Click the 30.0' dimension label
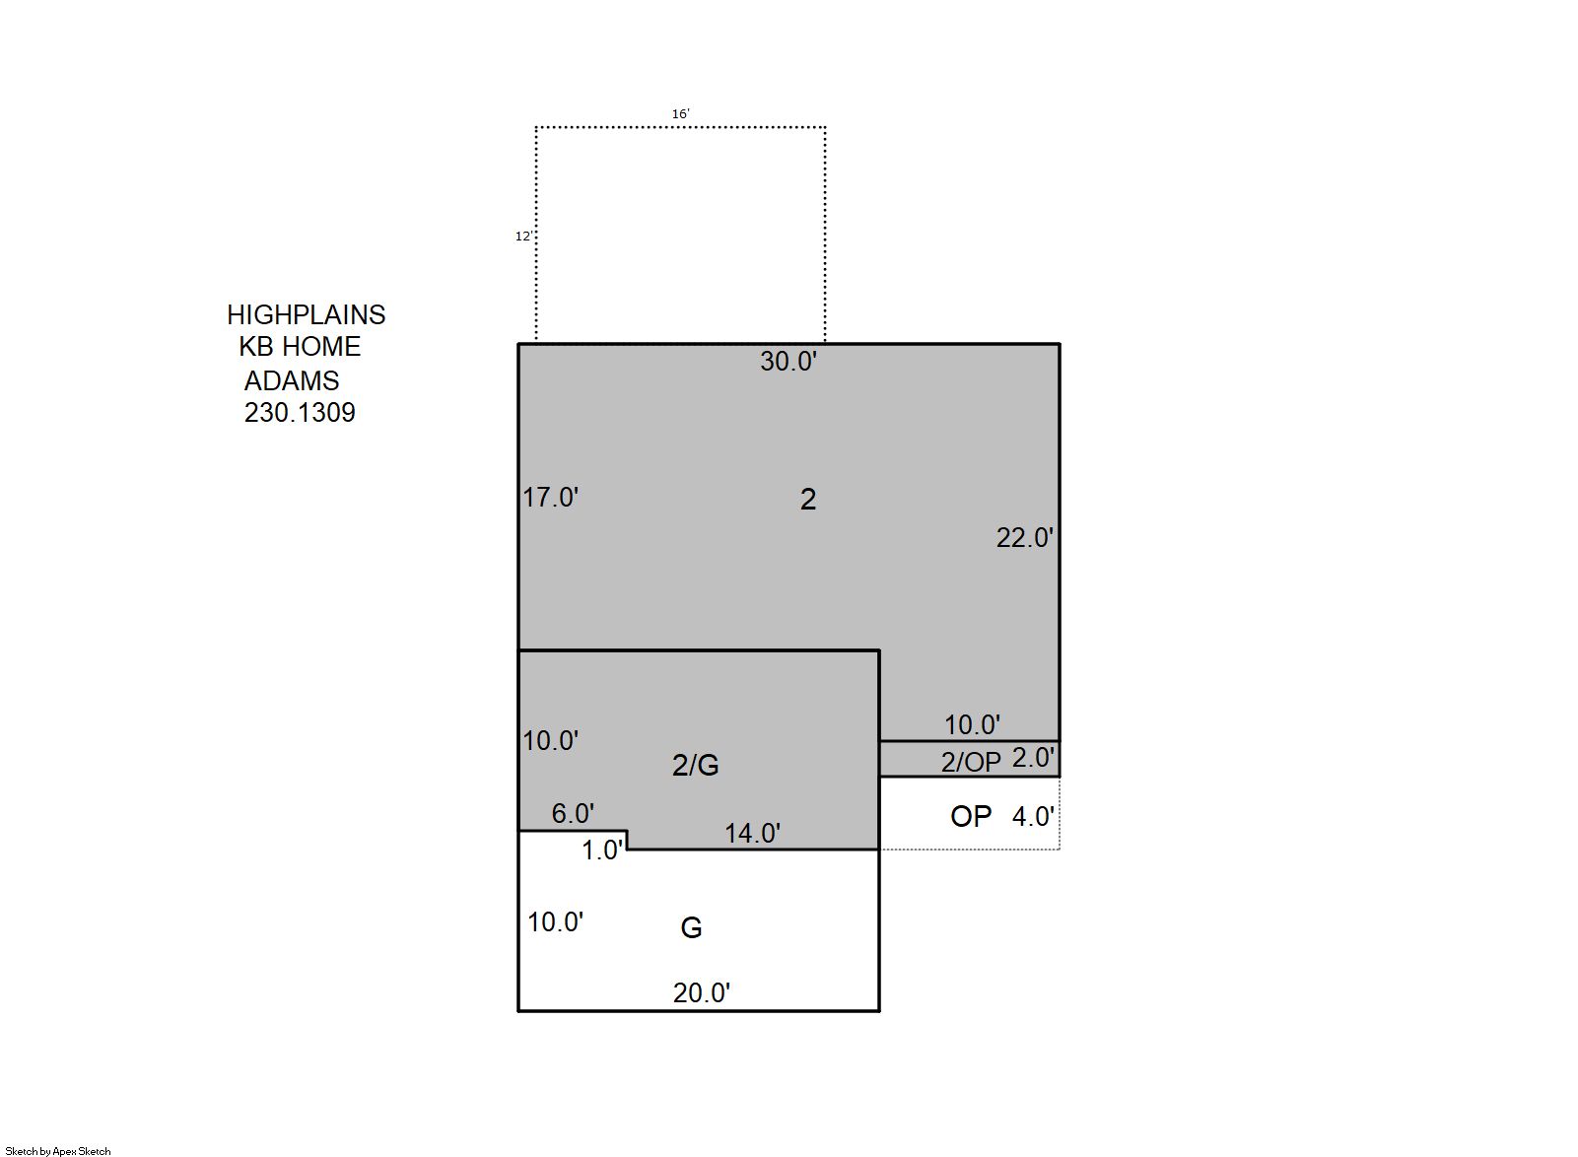(789, 362)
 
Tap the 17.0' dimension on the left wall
(550, 498)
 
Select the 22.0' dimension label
(1025, 538)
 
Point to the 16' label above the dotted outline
(680, 114)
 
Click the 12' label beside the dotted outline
(523, 237)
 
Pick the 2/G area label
(695, 766)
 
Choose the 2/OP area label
(971, 763)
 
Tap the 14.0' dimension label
(752, 834)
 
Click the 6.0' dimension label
(573, 814)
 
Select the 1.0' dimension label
(603, 851)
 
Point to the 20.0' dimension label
(702, 993)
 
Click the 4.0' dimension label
(1034, 817)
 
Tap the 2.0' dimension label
(1034, 758)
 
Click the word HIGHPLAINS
(307, 314)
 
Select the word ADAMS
(292, 381)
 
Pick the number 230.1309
(300, 413)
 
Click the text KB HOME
(300, 347)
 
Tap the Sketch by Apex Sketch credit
(58, 1151)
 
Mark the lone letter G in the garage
(691, 928)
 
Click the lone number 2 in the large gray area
(808, 500)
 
